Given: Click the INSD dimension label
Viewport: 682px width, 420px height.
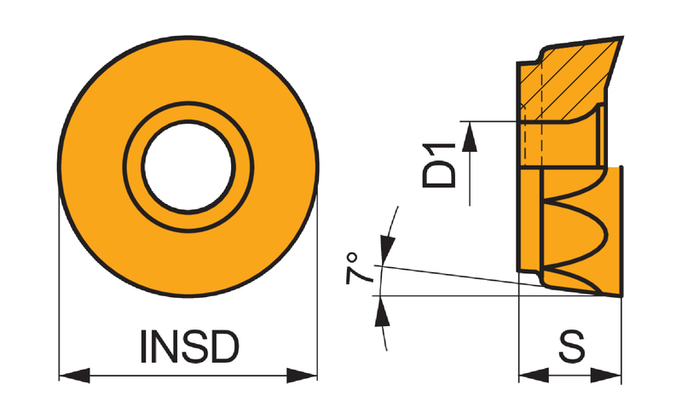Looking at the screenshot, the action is point(189,347).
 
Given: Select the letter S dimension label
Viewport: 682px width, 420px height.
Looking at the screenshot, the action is point(571,347).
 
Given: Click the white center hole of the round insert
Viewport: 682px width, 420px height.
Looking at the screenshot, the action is point(188,166).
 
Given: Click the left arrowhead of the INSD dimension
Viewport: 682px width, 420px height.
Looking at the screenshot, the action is point(74,375).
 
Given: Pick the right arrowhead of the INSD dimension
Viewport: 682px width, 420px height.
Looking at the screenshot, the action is point(302,375).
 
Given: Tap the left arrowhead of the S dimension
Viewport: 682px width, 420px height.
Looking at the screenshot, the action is point(534,375).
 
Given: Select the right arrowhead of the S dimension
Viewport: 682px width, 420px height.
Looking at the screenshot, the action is point(606,375).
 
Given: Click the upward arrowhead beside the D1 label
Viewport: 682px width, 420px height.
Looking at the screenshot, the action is point(470,137).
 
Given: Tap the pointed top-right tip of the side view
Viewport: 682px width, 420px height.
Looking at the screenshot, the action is point(622,38).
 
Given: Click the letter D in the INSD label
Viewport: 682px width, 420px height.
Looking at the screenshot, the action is point(225,347).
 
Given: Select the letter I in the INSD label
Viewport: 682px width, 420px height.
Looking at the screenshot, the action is point(143,347).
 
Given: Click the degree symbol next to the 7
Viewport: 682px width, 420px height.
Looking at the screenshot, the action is point(352,257).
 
